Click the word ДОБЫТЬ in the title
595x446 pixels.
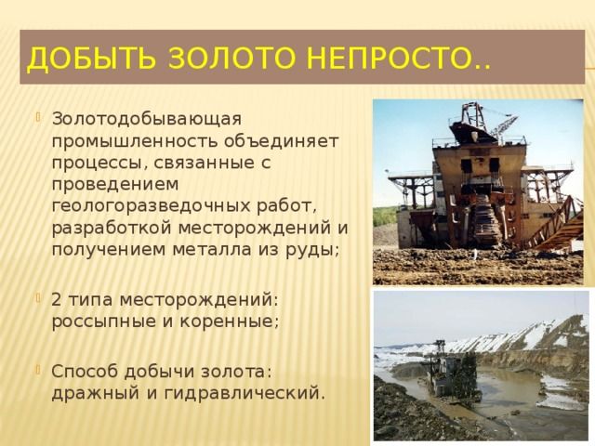coord(91,59)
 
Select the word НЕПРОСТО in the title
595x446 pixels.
coord(388,59)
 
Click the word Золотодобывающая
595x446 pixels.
coord(147,119)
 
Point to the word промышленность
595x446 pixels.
coord(135,142)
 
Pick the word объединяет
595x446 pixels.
coord(281,141)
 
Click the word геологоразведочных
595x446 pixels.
coord(151,206)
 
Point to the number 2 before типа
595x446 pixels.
coord(56,300)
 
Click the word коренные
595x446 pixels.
coord(229,322)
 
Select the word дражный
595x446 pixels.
coord(95,394)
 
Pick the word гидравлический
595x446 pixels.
coord(245,394)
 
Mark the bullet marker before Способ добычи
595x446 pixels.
coord(38,369)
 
